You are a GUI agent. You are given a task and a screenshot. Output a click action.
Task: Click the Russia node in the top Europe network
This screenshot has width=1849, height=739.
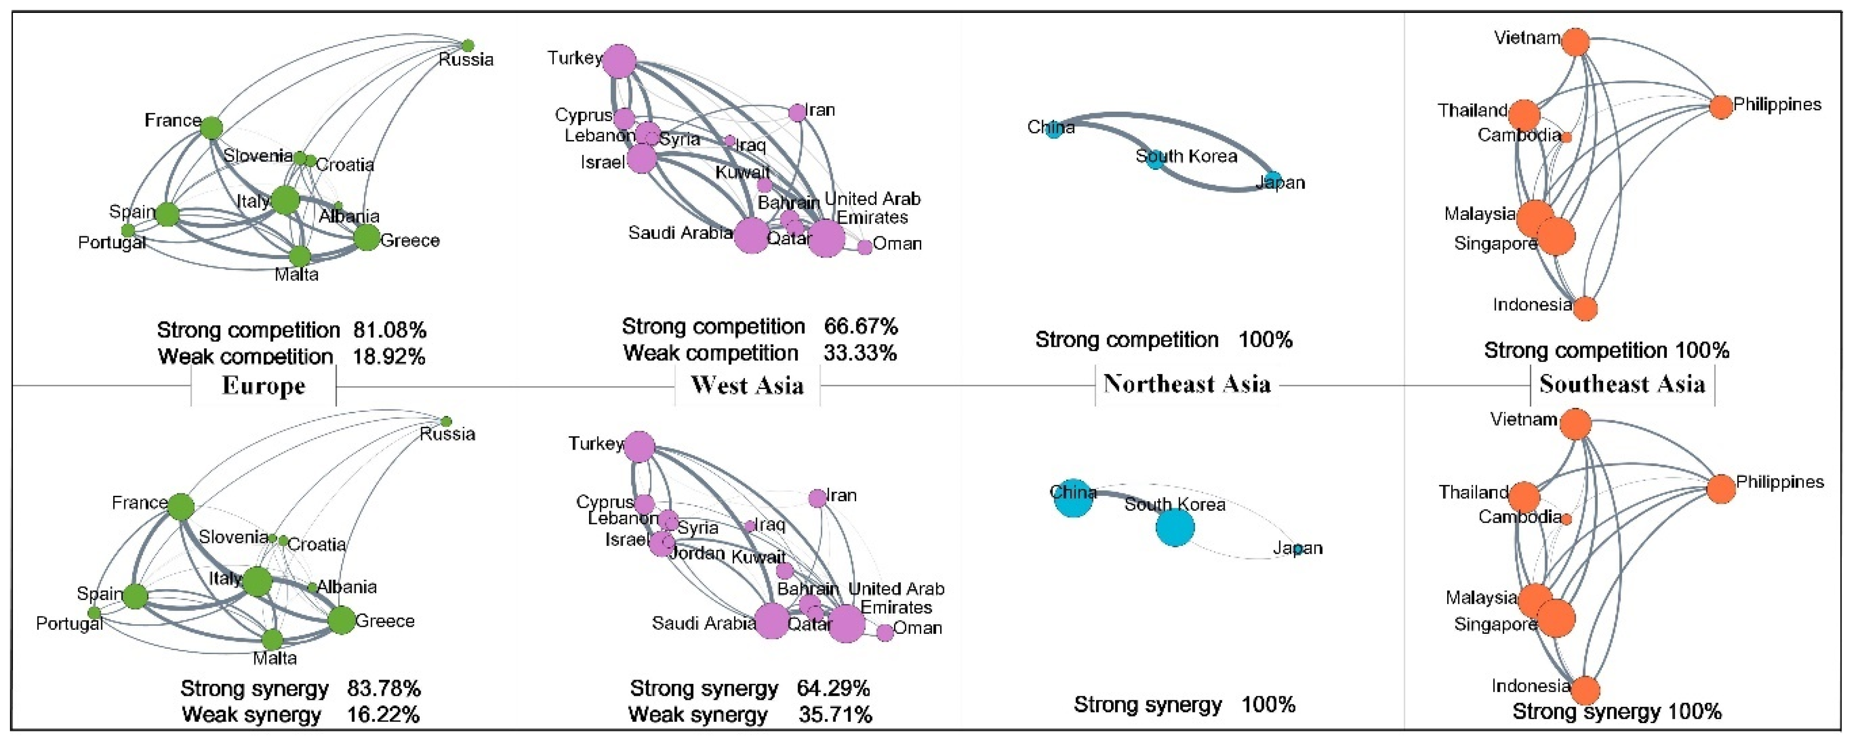(x=468, y=45)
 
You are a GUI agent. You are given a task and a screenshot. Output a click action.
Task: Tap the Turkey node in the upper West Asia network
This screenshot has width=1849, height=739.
(x=619, y=61)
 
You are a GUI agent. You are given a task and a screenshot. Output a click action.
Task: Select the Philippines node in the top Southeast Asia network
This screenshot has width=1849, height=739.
(x=1720, y=107)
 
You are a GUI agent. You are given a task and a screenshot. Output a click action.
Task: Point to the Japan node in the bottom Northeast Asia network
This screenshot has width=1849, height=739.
(x=1298, y=549)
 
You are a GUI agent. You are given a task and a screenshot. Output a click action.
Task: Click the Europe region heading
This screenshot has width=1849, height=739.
(x=263, y=386)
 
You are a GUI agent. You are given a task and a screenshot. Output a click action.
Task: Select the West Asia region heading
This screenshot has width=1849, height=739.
(x=747, y=386)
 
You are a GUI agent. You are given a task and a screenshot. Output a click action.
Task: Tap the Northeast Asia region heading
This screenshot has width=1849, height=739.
(x=1187, y=384)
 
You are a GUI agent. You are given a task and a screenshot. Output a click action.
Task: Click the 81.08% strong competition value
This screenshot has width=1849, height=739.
(x=390, y=330)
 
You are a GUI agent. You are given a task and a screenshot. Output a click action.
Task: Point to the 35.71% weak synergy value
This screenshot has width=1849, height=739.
(x=835, y=715)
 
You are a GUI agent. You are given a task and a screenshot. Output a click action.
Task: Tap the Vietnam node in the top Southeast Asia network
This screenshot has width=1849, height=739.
(x=1575, y=42)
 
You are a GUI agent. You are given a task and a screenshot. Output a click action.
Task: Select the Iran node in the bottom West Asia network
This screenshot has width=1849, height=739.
(x=817, y=498)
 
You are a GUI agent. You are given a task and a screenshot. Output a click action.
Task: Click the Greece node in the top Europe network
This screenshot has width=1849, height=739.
(x=367, y=238)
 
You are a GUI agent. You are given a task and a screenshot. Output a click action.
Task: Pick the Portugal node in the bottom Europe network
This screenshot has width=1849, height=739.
(x=94, y=613)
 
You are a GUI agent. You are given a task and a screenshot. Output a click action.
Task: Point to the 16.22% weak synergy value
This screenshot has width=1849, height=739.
(x=383, y=715)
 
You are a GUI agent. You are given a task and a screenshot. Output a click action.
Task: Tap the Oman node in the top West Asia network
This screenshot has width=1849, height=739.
(x=865, y=247)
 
